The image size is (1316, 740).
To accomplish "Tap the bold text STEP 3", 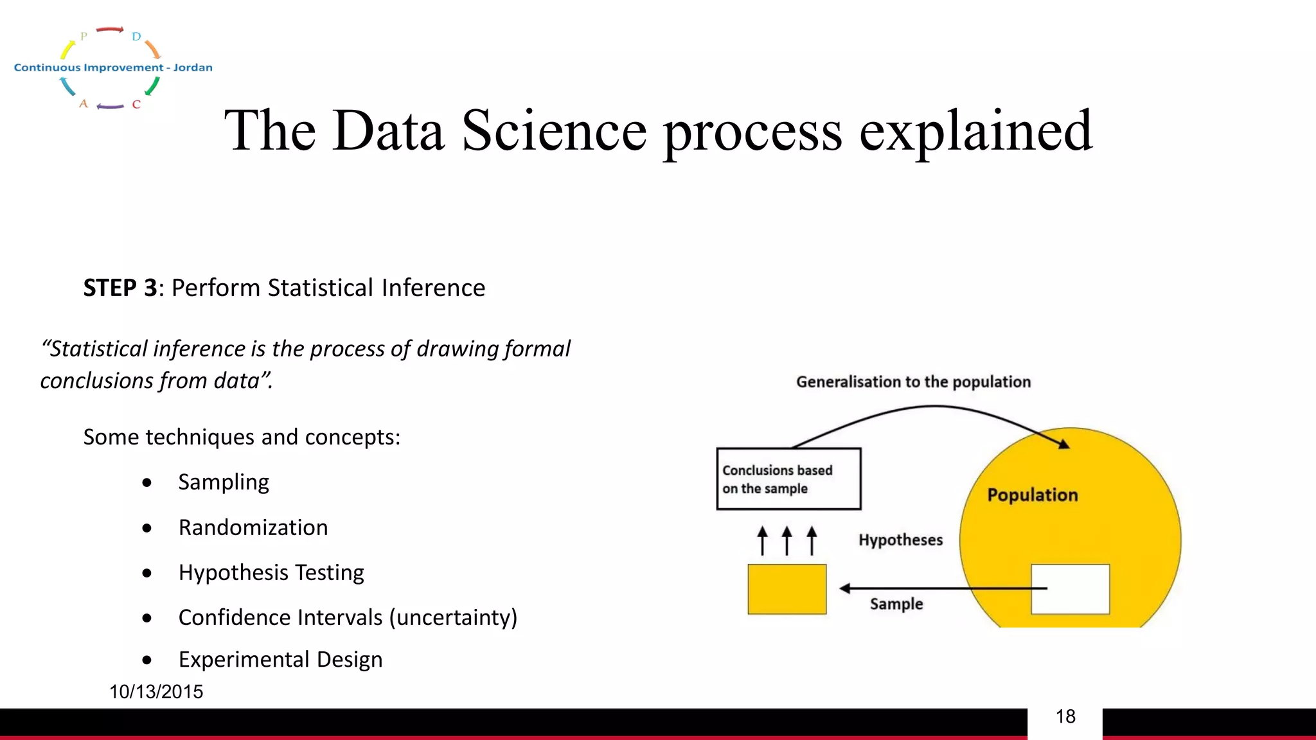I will pyautogui.click(x=120, y=288).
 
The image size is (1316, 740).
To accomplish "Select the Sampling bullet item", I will pyautogui.click(x=224, y=482).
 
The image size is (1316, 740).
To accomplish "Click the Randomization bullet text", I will pyautogui.click(x=253, y=527).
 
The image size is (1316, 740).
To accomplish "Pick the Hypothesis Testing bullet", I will pyautogui.click(x=271, y=572).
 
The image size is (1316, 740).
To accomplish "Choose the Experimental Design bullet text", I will pyautogui.click(x=280, y=660).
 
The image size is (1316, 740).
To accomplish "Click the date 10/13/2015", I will pyautogui.click(x=156, y=692).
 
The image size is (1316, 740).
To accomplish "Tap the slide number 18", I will pyautogui.click(x=1065, y=716).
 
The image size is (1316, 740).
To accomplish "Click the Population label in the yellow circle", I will pyautogui.click(x=1033, y=495).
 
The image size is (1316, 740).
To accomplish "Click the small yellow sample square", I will pyautogui.click(x=787, y=589).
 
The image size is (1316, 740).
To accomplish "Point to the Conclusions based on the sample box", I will pyautogui.click(x=788, y=479).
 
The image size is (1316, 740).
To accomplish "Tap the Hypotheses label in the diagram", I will pyautogui.click(x=900, y=540).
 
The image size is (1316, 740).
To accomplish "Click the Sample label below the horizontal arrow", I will pyautogui.click(x=896, y=604).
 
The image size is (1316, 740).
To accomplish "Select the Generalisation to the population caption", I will pyautogui.click(x=913, y=382).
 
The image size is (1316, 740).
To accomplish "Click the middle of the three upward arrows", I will pyautogui.click(x=787, y=540).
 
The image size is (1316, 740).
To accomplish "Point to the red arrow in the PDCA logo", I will pyautogui.click(x=110, y=30).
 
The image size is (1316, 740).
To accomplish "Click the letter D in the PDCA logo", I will pyautogui.click(x=136, y=37).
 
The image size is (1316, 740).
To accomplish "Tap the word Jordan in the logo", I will pyautogui.click(x=193, y=67).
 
